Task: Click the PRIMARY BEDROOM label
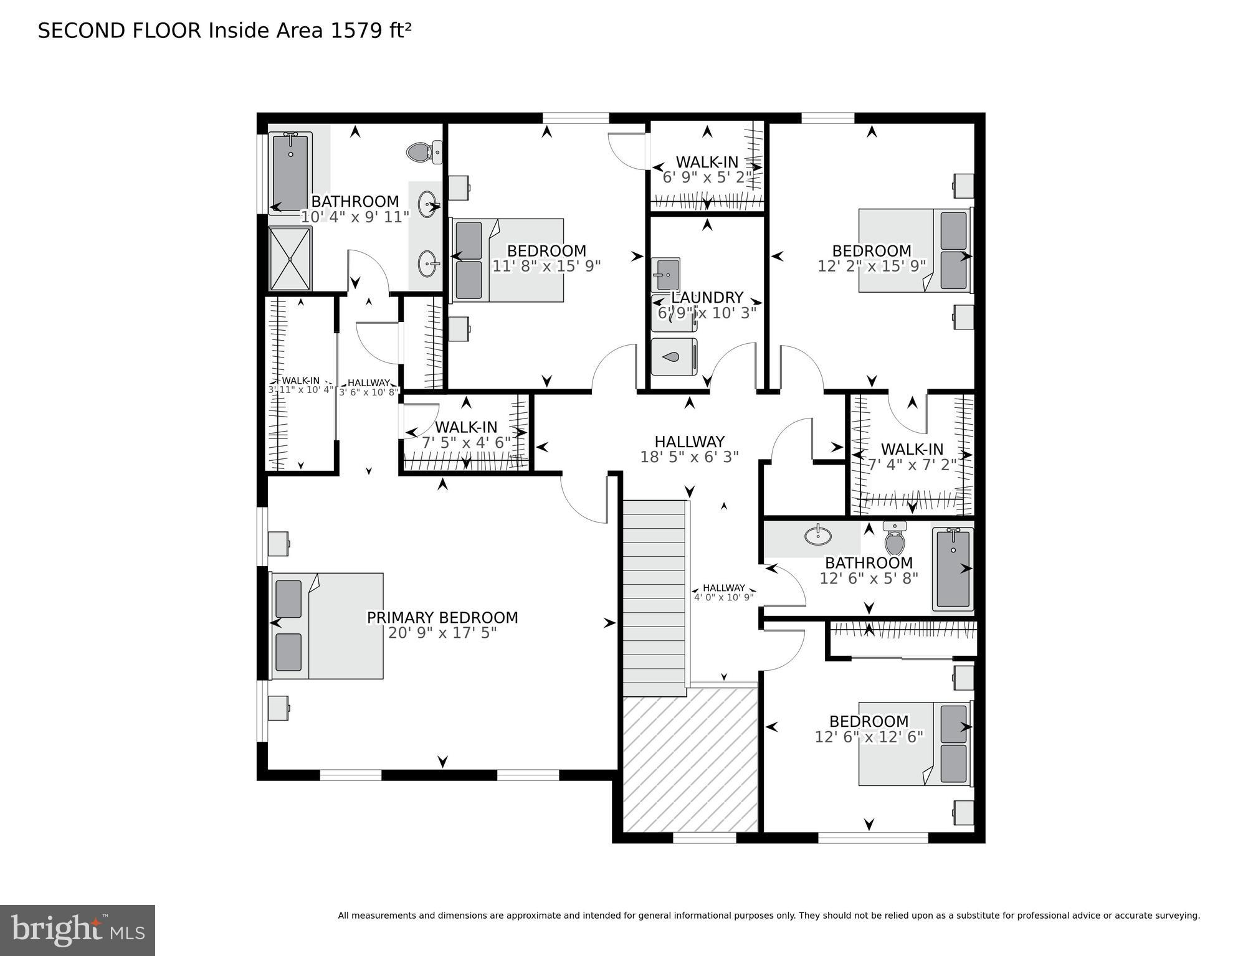(442, 617)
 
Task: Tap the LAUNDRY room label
(707, 298)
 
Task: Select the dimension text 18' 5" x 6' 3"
(689, 457)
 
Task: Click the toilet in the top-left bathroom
(423, 151)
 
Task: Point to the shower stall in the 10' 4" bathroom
(290, 258)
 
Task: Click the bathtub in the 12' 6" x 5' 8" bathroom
(952, 569)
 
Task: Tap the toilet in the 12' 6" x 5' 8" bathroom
(895, 539)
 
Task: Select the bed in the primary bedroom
(326, 625)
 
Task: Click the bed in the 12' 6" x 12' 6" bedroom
(915, 744)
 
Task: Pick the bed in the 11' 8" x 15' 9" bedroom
(508, 260)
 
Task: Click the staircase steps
(654, 598)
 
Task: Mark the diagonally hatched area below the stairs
(690, 760)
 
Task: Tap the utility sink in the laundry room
(665, 272)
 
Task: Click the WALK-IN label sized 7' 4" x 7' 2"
(912, 449)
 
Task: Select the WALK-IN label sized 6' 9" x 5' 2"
(707, 162)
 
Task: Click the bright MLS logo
(77, 930)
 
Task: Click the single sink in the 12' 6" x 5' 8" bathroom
(817, 535)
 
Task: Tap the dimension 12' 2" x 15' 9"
(871, 266)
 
